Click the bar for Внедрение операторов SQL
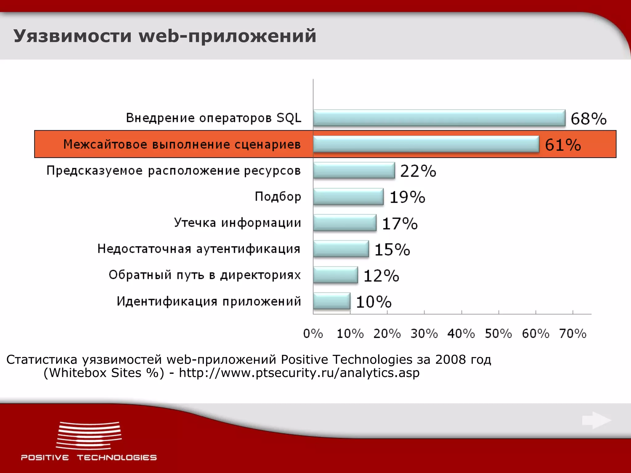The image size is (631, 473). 439,118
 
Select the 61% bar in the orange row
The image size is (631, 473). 426,144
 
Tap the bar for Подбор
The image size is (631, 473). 348,196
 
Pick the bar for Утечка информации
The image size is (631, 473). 345,223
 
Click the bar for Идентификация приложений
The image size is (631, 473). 332,301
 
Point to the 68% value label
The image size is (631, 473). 588,119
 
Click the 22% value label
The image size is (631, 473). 418,171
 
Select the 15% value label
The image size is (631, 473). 392,249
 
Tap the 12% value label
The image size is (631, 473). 381,276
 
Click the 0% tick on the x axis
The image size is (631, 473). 313,334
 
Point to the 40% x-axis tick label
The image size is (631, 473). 461,334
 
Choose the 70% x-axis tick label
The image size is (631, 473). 573,334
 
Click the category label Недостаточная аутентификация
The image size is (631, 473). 199,249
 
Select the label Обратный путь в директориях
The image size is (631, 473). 205,275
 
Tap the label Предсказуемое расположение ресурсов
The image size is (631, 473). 173,171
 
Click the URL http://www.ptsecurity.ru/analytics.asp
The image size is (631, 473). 299,373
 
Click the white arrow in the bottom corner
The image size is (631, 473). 596,420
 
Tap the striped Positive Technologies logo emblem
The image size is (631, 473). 89,435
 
